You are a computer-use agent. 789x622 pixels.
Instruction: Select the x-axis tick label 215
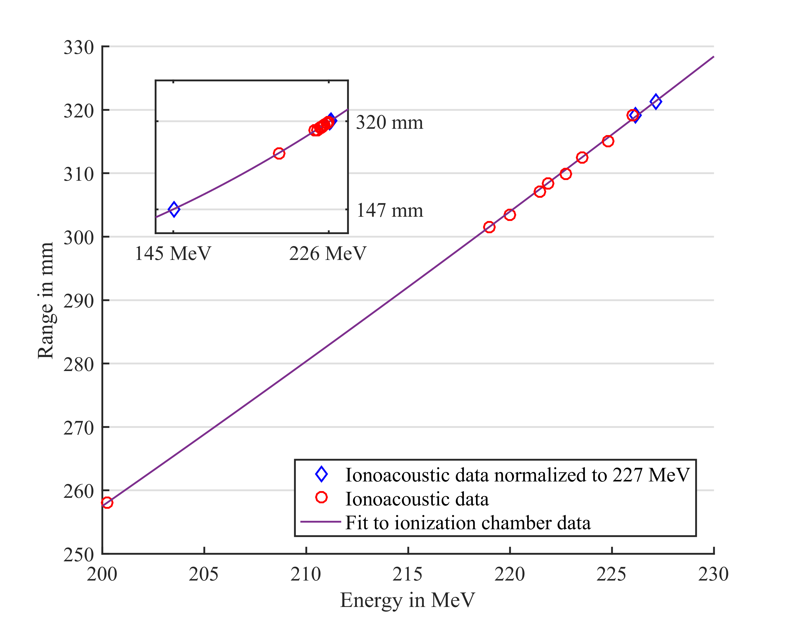tap(407, 574)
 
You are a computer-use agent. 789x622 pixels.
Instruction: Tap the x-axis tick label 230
tap(713, 574)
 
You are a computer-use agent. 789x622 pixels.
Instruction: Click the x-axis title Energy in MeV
tap(407, 600)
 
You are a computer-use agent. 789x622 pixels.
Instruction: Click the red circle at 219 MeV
tap(489, 227)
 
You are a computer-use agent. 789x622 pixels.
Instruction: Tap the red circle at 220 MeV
tap(510, 215)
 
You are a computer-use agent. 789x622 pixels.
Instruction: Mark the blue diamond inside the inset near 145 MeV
tap(174, 209)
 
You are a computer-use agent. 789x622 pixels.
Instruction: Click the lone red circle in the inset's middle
tap(279, 153)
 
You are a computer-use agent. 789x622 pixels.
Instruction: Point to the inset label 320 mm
tap(389, 122)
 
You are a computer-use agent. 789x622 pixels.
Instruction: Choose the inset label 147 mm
tap(389, 210)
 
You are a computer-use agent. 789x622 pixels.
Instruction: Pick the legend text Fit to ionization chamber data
tap(468, 522)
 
